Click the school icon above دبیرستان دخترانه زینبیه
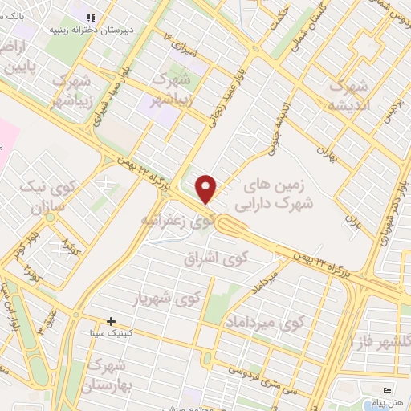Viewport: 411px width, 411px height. [x=91, y=17]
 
